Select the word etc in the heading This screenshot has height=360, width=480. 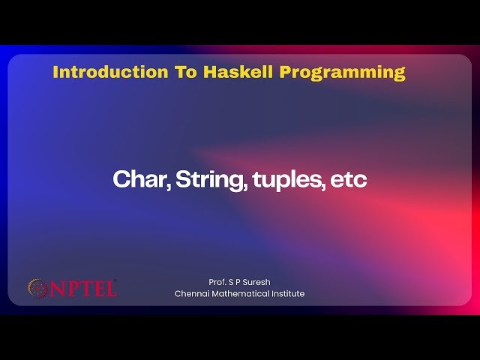(x=349, y=180)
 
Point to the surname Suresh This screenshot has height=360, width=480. (x=256, y=282)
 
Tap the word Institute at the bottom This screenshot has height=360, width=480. (x=288, y=294)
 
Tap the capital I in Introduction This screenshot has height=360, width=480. (x=56, y=73)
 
